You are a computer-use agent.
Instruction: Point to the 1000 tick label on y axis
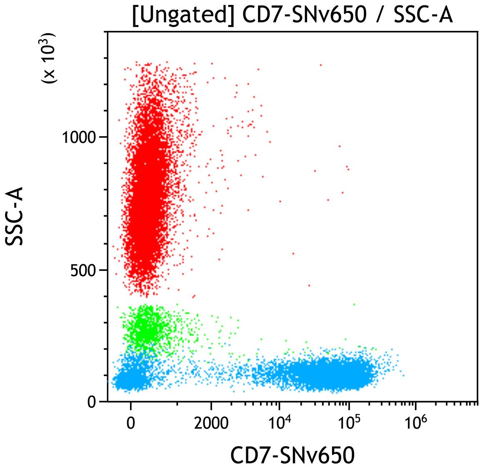[x=79, y=137]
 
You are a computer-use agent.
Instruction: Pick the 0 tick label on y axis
[x=92, y=402]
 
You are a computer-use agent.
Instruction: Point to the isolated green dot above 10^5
[x=354, y=304]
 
